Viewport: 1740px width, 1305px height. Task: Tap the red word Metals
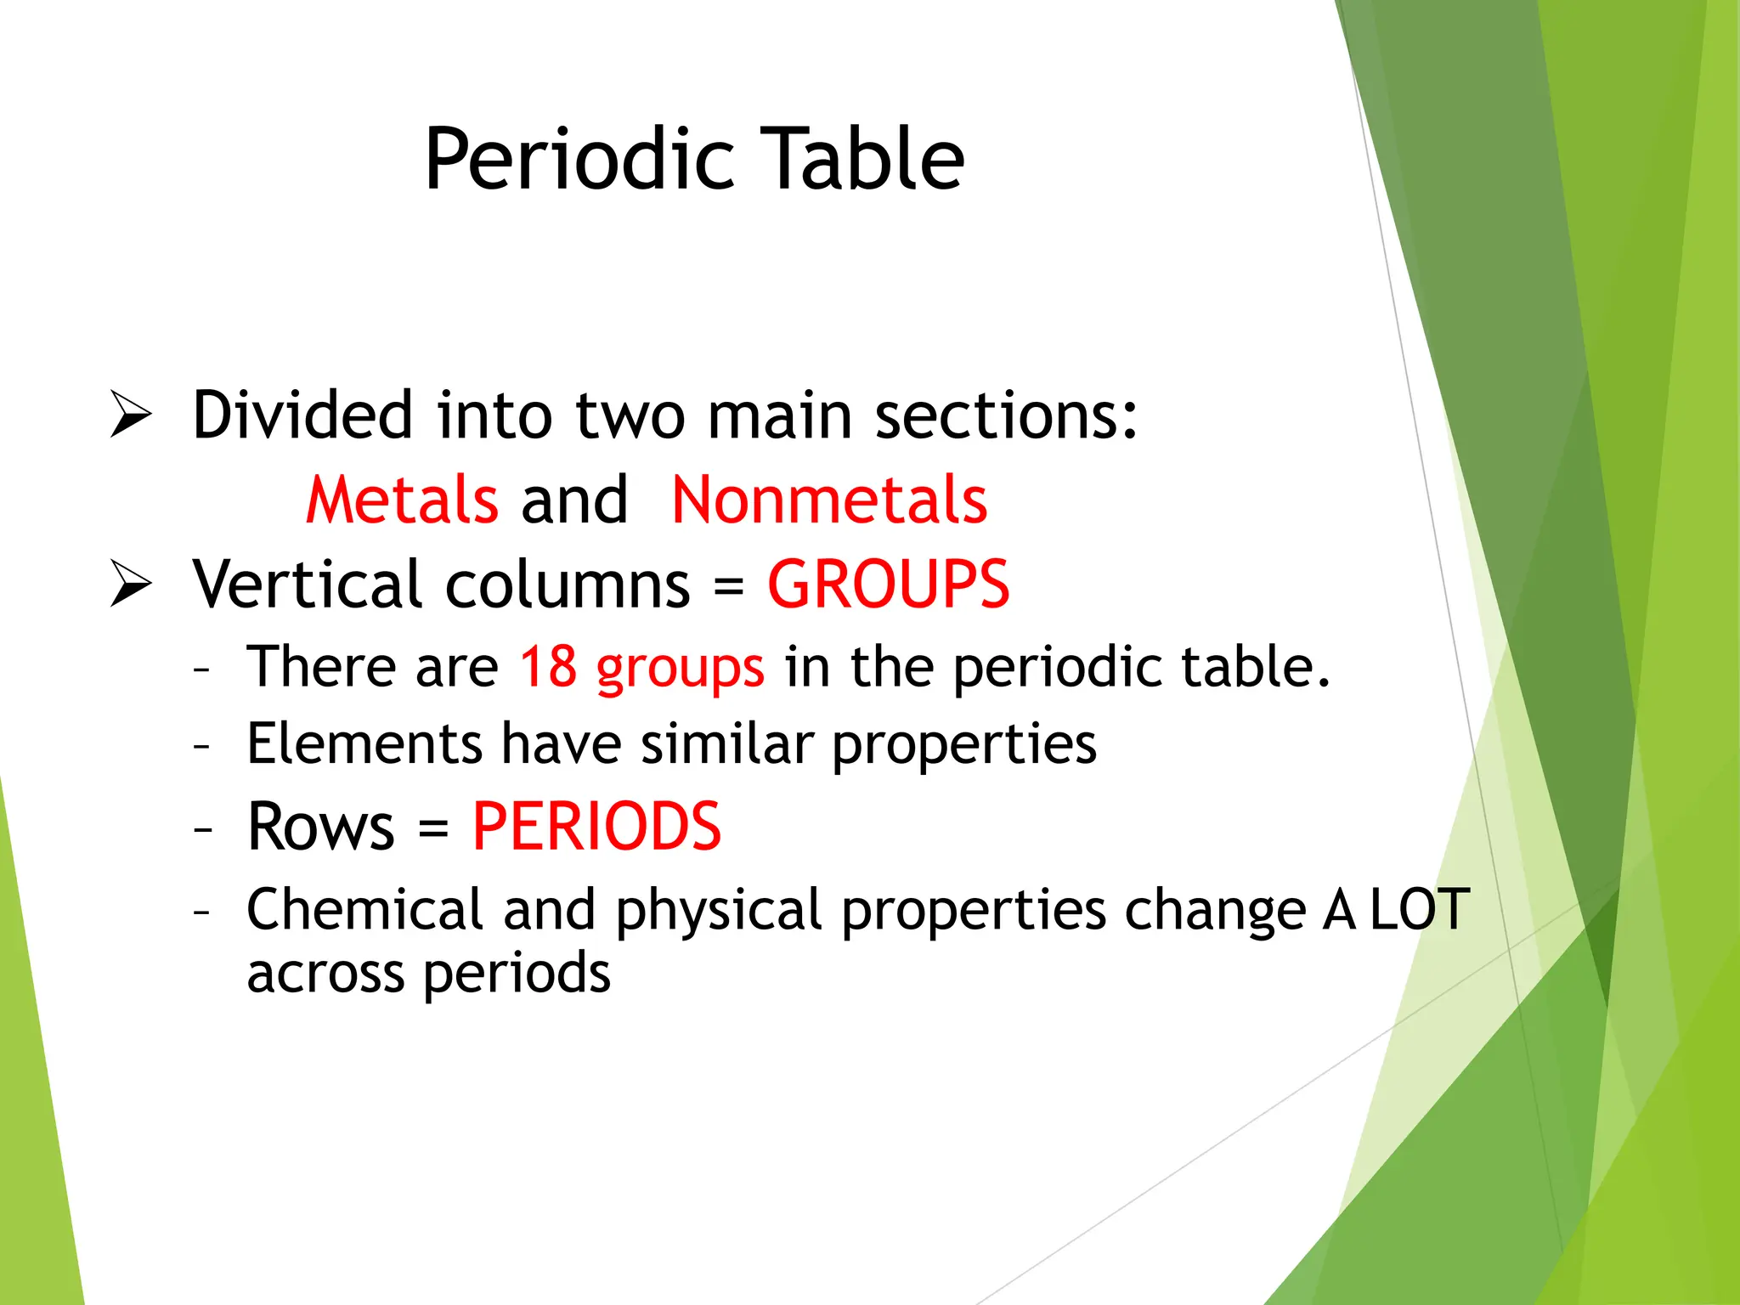pyautogui.click(x=402, y=500)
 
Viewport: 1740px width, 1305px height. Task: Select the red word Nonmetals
pyautogui.click(x=829, y=500)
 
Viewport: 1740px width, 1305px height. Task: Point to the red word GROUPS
pyautogui.click(x=889, y=585)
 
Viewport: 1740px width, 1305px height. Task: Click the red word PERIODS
pyautogui.click(x=596, y=827)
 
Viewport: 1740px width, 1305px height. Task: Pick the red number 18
pyautogui.click(x=548, y=666)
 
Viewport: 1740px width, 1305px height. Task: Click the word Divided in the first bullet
pyautogui.click(x=302, y=415)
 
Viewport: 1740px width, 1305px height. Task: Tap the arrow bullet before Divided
pyautogui.click(x=131, y=415)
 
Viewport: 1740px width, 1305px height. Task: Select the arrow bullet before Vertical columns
pyautogui.click(x=131, y=585)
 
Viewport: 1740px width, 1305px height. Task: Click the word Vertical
pyautogui.click(x=307, y=585)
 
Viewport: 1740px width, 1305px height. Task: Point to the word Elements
pyautogui.click(x=364, y=743)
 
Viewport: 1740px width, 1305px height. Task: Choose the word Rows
pyautogui.click(x=320, y=827)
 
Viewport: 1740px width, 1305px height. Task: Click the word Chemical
pyautogui.click(x=365, y=910)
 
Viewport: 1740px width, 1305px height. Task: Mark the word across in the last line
pyautogui.click(x=325, y=974)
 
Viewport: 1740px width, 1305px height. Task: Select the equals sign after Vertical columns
pyautogui.click(x=728, y=586)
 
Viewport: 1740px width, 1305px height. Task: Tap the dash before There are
pyautogui.click(x=201, y=669)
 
